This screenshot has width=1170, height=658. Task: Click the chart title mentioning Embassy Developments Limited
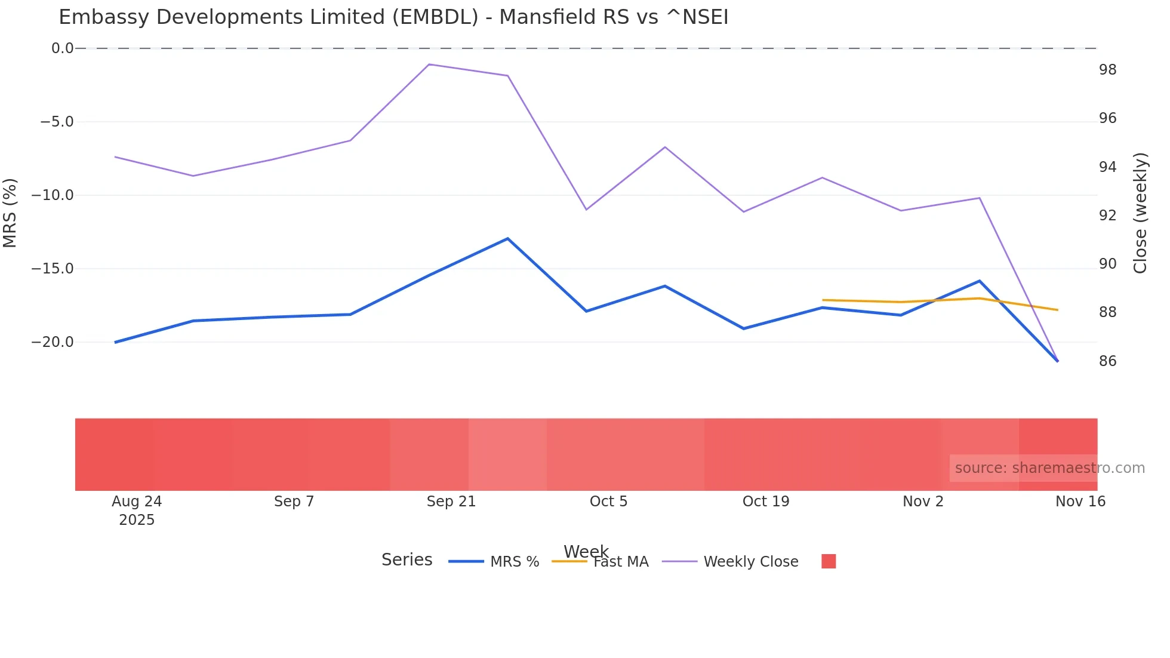click(393, 17)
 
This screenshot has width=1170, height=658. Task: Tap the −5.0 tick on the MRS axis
click(57, 122)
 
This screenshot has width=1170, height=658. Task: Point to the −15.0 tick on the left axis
click(53, 269)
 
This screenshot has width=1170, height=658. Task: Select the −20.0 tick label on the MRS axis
click(53, 342)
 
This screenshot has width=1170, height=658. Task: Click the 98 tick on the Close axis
click(1107, 70)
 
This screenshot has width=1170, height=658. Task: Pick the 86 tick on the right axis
click(1107, 361)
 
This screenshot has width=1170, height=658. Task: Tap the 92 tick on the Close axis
click(1107, 216)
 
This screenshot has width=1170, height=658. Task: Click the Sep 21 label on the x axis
click(451, 502)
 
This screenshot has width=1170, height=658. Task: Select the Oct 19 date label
click(766, 502)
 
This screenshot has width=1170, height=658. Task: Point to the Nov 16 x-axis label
click(1080, 502)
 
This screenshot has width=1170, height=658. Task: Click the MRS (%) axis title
click(10, 213)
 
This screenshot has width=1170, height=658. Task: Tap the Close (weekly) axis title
click(1140, 213)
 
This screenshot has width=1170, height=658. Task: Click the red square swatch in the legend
click(829, 561)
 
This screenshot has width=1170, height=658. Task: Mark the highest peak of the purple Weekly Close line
click(429, 64)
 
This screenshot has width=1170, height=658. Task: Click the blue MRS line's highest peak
click(507, 239)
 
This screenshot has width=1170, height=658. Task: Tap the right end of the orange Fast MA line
click(1057, 310)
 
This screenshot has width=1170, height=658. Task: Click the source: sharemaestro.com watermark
click(1049, 468)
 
